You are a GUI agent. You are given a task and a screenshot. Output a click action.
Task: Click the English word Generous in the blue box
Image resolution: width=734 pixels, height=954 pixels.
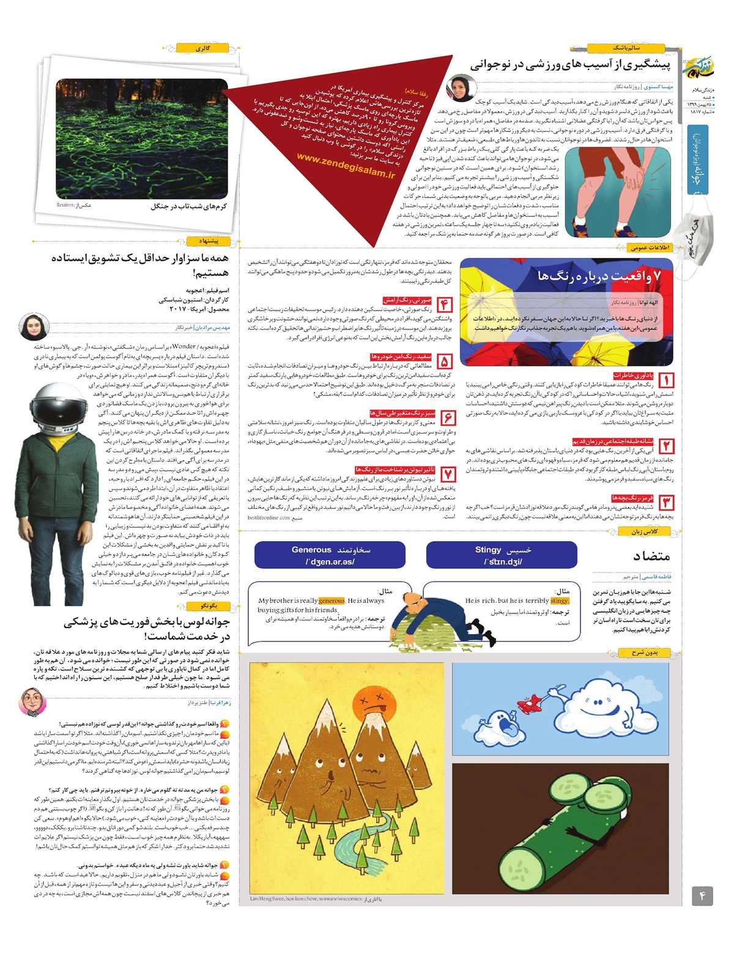click(311, 550)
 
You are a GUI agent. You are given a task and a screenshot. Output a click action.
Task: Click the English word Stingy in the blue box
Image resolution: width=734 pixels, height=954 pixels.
click(487, 550)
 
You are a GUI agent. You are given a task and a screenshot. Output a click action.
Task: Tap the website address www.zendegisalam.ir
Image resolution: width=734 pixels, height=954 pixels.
click(346, 166)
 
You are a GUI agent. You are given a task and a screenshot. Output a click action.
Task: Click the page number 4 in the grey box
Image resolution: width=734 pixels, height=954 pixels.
click(702, 897)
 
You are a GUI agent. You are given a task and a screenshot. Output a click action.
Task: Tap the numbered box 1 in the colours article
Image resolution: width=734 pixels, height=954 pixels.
click(666, 380)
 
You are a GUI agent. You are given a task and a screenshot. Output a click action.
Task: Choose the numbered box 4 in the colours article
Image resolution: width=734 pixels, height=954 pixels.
click(445, 305)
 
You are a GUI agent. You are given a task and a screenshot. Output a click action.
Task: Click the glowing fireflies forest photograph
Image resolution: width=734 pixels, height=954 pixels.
click(142, 139)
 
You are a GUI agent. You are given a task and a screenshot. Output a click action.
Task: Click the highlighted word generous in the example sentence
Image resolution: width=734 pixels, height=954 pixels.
click(332, 601)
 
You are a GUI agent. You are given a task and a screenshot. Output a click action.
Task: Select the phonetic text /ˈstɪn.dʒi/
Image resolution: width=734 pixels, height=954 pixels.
click(503, 562)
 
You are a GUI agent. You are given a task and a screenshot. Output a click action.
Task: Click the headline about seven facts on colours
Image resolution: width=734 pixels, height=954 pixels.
click(599, 276)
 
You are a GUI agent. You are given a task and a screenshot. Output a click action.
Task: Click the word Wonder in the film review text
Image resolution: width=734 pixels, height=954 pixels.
click(183, 346)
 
